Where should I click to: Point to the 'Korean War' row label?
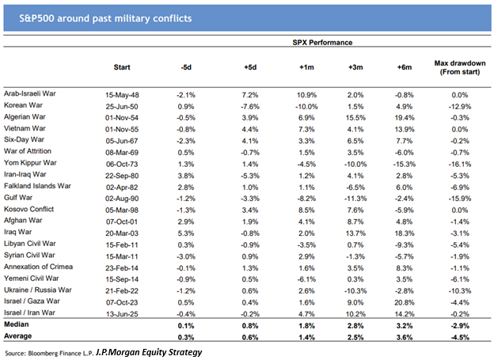[25, 105]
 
